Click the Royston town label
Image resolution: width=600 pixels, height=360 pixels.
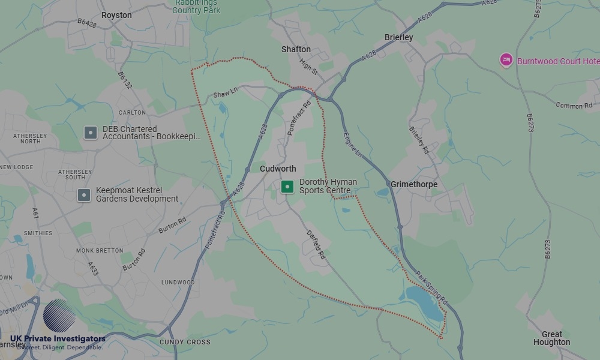pos(116,15)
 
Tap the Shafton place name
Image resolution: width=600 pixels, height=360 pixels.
pos(296,49)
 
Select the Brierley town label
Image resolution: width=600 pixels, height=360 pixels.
pos(398,37)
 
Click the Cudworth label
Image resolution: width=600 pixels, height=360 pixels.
pos(278,169)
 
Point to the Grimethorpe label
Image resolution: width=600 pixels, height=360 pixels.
pos(414,184)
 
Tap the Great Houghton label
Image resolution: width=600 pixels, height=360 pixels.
pos(551,338)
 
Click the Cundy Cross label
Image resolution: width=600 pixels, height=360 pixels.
pos(185,342)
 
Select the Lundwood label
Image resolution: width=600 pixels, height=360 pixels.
pos(178,282)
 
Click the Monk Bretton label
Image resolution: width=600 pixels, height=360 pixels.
pos(100,250)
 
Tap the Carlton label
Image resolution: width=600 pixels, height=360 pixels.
pos(132,112)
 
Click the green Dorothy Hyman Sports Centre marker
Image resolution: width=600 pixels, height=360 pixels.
pos(287,187)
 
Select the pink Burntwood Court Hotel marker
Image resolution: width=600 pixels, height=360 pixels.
pos(506,60)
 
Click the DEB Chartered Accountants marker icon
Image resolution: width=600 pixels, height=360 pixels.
pos(91,133)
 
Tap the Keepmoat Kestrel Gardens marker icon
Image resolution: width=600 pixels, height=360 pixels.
pos(84,195)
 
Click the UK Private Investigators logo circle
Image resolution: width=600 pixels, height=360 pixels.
pos(59,316)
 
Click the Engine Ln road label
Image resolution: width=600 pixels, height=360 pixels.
pos(353,145)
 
